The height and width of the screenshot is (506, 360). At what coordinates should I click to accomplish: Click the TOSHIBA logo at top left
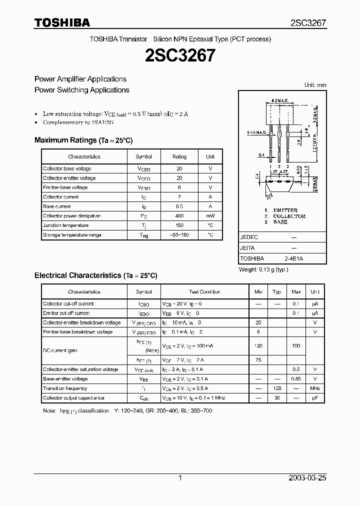[62, 22]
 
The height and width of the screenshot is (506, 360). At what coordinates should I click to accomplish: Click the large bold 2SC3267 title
[180, 55]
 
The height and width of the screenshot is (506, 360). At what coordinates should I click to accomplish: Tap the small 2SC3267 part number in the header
[308, 23]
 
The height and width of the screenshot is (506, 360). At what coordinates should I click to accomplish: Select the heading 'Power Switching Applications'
[82, 90]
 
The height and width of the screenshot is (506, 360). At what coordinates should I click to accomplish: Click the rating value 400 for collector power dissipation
[179, 216]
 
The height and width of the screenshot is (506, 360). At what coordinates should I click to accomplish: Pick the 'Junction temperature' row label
[66, 225]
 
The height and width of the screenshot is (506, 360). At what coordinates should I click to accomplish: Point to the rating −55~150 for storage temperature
[179, 235]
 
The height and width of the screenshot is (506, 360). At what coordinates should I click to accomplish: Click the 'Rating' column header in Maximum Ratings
[179, 156]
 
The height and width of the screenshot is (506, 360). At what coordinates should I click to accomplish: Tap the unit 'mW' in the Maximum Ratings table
[210, 216]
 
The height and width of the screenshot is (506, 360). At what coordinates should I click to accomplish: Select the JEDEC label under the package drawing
[249, 237]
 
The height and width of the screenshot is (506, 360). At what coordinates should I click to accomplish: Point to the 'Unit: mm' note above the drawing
[315, 85]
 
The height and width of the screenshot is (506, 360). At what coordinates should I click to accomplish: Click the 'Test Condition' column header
[204, 291]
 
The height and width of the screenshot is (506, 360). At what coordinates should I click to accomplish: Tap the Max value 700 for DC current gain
[296, 345]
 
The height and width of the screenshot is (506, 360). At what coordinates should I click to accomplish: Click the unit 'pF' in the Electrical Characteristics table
[315, 398]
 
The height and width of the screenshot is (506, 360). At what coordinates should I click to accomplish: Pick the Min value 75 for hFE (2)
[258, 360]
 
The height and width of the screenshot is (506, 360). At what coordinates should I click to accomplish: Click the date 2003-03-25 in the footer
[307, 478]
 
